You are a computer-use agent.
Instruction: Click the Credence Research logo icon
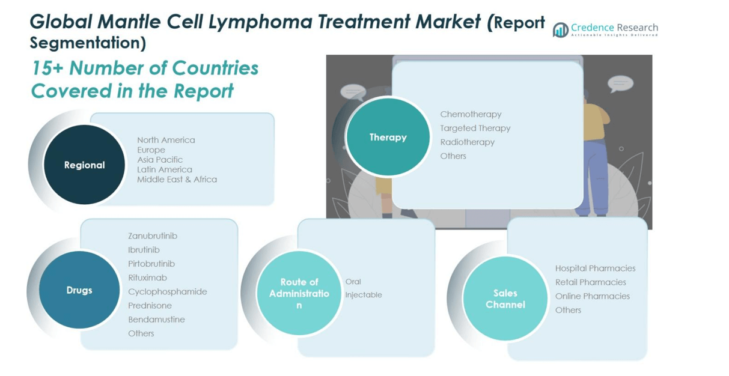[x=560, y=30]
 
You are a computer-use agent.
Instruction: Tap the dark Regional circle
[x=84, y=165]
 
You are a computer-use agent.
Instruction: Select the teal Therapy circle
[x=388, y=137]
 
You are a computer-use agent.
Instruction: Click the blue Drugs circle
[x=79, y=290]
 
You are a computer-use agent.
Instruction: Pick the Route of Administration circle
[x=299, y=293]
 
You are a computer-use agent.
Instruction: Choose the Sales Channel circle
[x=505, y=299]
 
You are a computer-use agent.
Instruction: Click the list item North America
[x=166, y=140]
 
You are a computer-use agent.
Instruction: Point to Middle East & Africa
[x=177, y=179]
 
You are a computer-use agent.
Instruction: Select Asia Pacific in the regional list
[x=160, y=160]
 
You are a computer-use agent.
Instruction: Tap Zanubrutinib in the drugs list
[x=153, y=236]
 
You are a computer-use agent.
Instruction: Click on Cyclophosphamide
[x=168, y=292]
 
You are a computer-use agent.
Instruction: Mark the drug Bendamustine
[x=156, y=320]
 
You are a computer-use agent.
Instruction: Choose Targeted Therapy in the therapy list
[x=475, y=128]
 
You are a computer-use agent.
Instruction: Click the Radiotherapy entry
[x=467, y=142]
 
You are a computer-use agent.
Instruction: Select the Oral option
[x=353, y=282]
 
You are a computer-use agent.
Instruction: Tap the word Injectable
[x=363, y=295]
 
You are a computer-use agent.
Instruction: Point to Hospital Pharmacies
[x=595, y=268]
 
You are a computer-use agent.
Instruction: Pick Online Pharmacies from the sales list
[x=592, y=296]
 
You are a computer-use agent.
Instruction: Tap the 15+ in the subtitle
[x=47, y=68]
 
